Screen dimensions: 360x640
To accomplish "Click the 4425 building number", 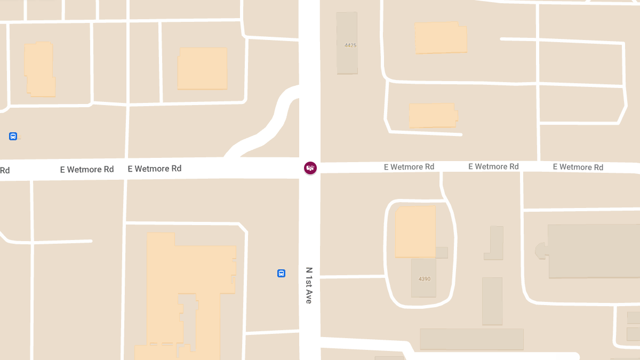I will [350, 45].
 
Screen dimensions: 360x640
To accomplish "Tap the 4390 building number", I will [425, 279].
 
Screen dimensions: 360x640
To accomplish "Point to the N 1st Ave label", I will [309, 285].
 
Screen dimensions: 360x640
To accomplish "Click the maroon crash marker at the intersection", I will [310, 168].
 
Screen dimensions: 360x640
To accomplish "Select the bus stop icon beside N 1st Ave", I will [281, 273].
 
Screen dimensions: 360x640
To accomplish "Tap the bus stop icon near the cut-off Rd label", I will [13, 136].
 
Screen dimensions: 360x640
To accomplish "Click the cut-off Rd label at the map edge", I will [5, 171].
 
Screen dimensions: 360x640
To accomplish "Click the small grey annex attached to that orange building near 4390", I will [442, 253].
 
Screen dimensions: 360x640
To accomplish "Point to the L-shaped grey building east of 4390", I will [494, 245].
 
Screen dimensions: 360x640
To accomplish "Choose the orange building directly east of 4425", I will [441, 37].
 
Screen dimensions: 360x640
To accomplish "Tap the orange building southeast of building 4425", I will [433, 115].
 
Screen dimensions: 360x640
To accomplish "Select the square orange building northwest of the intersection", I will [202, 68].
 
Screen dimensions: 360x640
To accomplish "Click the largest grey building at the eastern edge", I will [592, 251].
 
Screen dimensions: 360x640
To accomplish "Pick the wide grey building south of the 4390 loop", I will [471, 339].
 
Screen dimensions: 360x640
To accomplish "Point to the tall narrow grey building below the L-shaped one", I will [492, 301].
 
